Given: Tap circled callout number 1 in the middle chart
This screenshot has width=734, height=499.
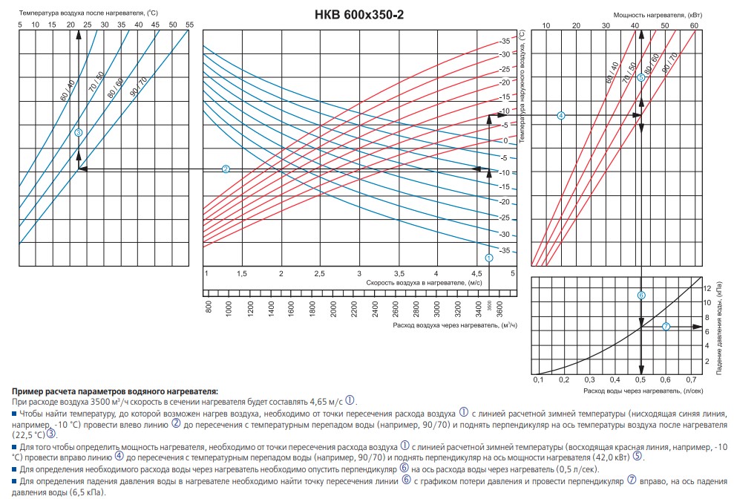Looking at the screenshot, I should tap(488, 258).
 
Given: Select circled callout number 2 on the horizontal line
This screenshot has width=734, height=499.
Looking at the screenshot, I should tap(226, 169).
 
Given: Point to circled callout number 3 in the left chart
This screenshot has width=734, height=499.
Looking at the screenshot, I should tap(78, 132).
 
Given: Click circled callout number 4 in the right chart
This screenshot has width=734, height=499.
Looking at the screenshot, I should tap(561, 115).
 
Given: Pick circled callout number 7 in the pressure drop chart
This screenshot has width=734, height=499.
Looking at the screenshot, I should tap(666, 326).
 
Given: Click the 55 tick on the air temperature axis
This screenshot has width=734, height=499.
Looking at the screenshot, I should tap(189, 25).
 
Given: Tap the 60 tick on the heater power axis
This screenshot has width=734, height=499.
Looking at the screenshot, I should tap(695, 26).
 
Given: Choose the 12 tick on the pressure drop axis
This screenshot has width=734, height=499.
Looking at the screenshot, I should tap(707, 287).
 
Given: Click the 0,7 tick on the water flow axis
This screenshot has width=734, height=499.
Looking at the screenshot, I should tap(692, 380).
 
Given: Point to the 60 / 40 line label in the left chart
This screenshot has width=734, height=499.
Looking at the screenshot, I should tap(65, 89).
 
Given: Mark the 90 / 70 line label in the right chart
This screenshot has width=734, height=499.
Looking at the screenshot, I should tap(670, 67).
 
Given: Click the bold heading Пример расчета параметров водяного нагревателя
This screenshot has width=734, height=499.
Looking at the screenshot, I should tap(115, 390).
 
